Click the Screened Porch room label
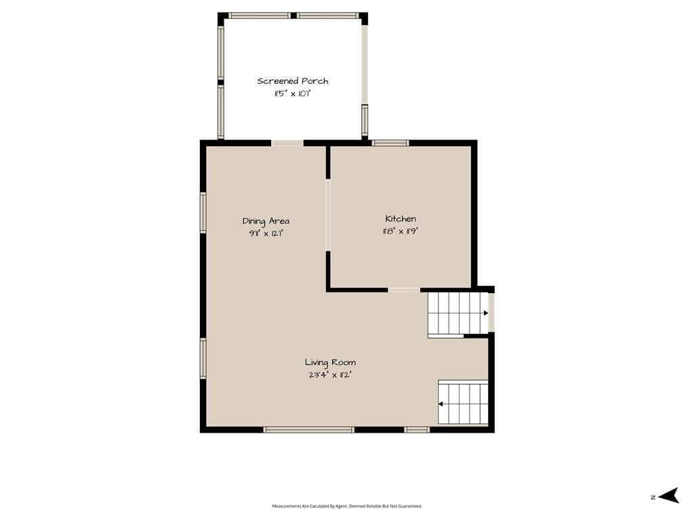click(293, 81)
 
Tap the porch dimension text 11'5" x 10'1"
click(293, 93)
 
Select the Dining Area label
click(266, 221)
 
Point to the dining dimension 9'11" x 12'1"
click(266, 233)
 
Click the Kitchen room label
click(401, 219)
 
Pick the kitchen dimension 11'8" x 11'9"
click(401, 231)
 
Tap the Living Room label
click(330, 363)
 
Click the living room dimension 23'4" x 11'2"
click(330, 375)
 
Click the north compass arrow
click(668, 496)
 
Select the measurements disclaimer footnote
click(347, 506)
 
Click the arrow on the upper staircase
click(485, 313)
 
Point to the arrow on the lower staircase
click(441, 404)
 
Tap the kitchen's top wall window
click(390, 143)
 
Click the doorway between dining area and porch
click(287, 143)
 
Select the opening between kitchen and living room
click(404, 290)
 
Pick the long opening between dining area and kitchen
click(328, 215)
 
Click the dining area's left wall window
click(203, 213)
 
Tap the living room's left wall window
click(203, 358)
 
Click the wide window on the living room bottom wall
click(309, 429)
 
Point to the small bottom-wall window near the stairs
click(417, 429)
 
